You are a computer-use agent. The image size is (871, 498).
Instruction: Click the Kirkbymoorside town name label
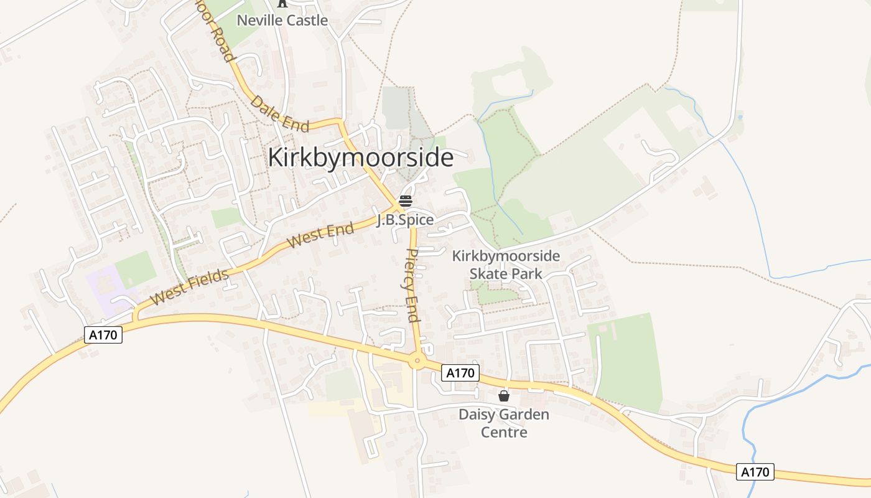360,157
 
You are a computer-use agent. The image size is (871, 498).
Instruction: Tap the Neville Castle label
282,20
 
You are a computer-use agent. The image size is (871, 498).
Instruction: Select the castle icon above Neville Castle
282,3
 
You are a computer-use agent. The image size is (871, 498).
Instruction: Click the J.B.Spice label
405,220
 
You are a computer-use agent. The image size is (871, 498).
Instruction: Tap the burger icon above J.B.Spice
405,201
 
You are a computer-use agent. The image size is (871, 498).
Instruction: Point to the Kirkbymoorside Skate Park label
506,265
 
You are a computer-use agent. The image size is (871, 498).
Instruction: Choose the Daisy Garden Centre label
504,423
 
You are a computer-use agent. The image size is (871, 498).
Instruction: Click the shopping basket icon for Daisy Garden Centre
504,395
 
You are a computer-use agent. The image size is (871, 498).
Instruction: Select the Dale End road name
280,113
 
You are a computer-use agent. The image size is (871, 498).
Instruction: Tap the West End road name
322,235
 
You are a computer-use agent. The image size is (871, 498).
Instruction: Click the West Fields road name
190,286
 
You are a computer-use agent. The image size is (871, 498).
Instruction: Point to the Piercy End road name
412,285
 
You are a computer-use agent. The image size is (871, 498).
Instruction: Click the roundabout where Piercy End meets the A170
417,360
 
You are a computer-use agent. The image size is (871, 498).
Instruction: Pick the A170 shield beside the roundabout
461,373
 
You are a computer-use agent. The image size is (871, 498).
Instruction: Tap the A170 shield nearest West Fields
103,335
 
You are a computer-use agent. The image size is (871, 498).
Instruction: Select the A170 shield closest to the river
755,472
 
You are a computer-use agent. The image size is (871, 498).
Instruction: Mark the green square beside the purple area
135,269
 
